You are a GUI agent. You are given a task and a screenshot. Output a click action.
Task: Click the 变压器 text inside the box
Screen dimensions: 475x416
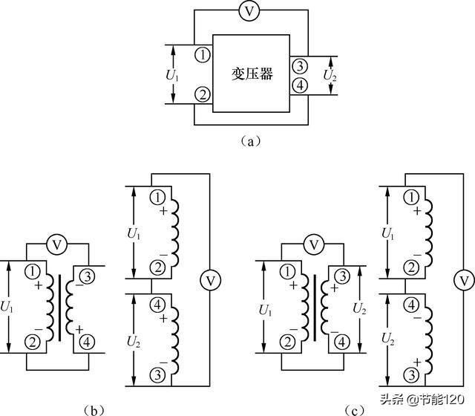point(251,74)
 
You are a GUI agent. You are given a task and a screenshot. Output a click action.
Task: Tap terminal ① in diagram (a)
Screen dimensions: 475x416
point(201,54)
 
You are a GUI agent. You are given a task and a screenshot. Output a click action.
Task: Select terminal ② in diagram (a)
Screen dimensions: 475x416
point(201,94)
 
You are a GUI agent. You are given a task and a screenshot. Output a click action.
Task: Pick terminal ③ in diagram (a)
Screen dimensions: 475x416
point(298,65)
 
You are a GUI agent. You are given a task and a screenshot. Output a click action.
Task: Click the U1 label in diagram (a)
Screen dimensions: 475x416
point(172,74)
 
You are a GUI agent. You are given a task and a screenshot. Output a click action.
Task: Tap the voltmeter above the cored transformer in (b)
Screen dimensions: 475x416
point(59,244)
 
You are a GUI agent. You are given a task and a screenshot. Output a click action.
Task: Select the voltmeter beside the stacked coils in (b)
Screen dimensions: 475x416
point(210,280)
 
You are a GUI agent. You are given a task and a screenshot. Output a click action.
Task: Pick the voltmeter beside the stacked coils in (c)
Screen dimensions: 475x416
point(464,280)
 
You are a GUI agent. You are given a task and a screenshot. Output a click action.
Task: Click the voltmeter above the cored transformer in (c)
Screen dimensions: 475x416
point(315,244)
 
